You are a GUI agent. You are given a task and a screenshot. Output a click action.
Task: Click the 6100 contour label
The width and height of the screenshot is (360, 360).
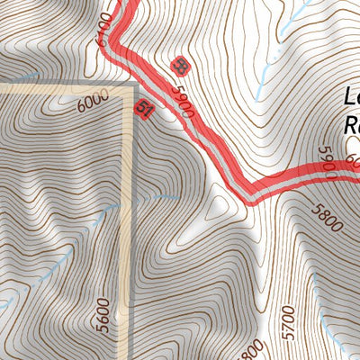(x=103, y=32)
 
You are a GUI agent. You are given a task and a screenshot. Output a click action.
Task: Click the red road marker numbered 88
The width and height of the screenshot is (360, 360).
(x=180, y=65)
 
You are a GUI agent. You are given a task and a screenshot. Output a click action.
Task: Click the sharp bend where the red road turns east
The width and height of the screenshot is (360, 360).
(x=254, y=192)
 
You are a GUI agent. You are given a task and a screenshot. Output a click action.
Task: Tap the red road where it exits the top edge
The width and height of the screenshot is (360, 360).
(x=129, y=4)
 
